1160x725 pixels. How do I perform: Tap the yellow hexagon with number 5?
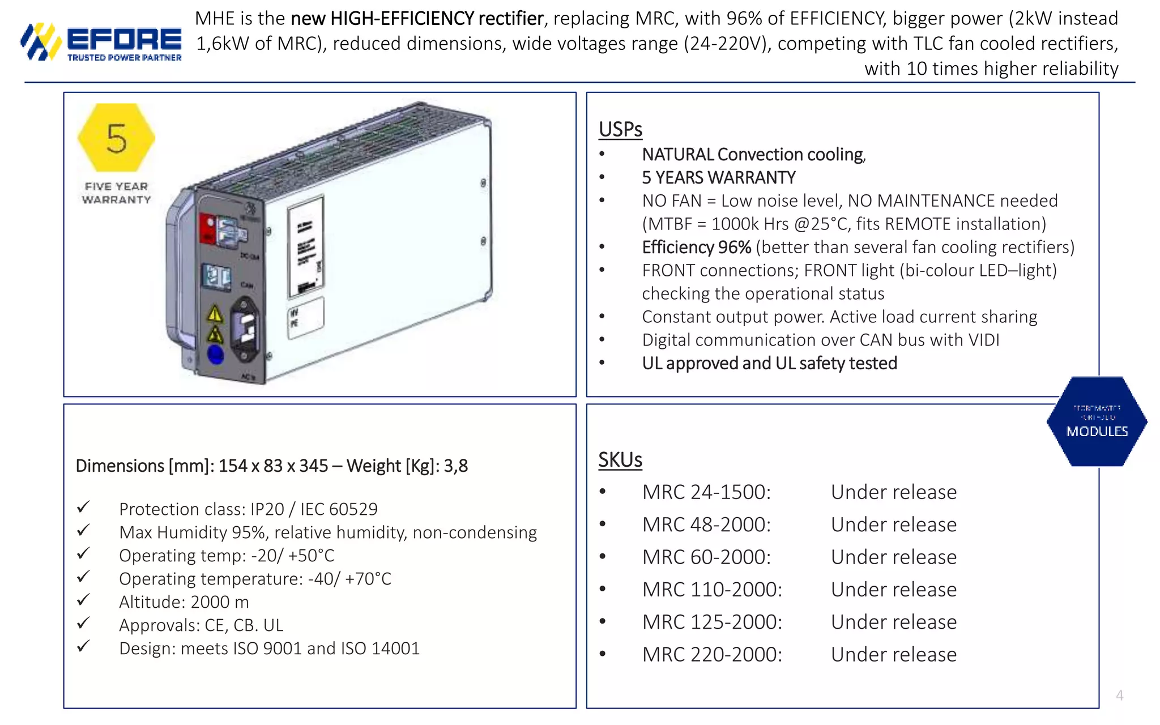point(116,138)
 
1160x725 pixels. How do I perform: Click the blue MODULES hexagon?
point(1097,422)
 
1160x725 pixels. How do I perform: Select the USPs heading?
point(620,129)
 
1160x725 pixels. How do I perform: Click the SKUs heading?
point(620,460)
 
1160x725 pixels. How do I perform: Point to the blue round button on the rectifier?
point(215,355)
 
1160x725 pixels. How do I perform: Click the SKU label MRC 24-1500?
point(706,492)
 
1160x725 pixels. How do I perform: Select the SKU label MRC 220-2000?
point(712,655)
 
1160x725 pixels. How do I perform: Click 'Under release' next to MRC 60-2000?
point(893,557)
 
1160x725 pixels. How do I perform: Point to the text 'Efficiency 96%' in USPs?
point(696,248)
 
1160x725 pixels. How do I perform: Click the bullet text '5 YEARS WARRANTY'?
point(718,178)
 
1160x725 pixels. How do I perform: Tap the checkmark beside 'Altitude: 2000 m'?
point(83,600)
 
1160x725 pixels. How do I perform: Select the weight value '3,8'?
point(456,466)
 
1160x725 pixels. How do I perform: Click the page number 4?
point(1119,696)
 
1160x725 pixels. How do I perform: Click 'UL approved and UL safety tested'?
point(769,363)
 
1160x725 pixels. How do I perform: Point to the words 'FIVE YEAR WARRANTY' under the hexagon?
point(116,193)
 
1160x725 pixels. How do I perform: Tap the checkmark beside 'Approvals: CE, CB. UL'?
point(83,623)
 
